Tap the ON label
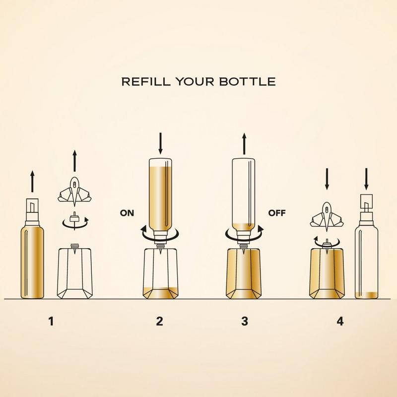click(127, 213)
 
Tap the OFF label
click(277, 213)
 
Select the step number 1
click(51, 321)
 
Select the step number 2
click(159, 321)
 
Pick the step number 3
click(245, 321)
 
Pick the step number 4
click(340, 321)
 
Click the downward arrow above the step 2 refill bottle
click(160, 143)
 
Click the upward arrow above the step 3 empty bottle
click(244, 143)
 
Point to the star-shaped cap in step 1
click(74, 192)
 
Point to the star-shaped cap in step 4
click(327, 216)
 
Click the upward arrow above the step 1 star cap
click(74, 161)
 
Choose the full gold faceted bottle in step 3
click(243, 273)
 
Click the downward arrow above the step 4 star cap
click(327, 179)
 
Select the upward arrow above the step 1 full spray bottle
click(32, 181)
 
